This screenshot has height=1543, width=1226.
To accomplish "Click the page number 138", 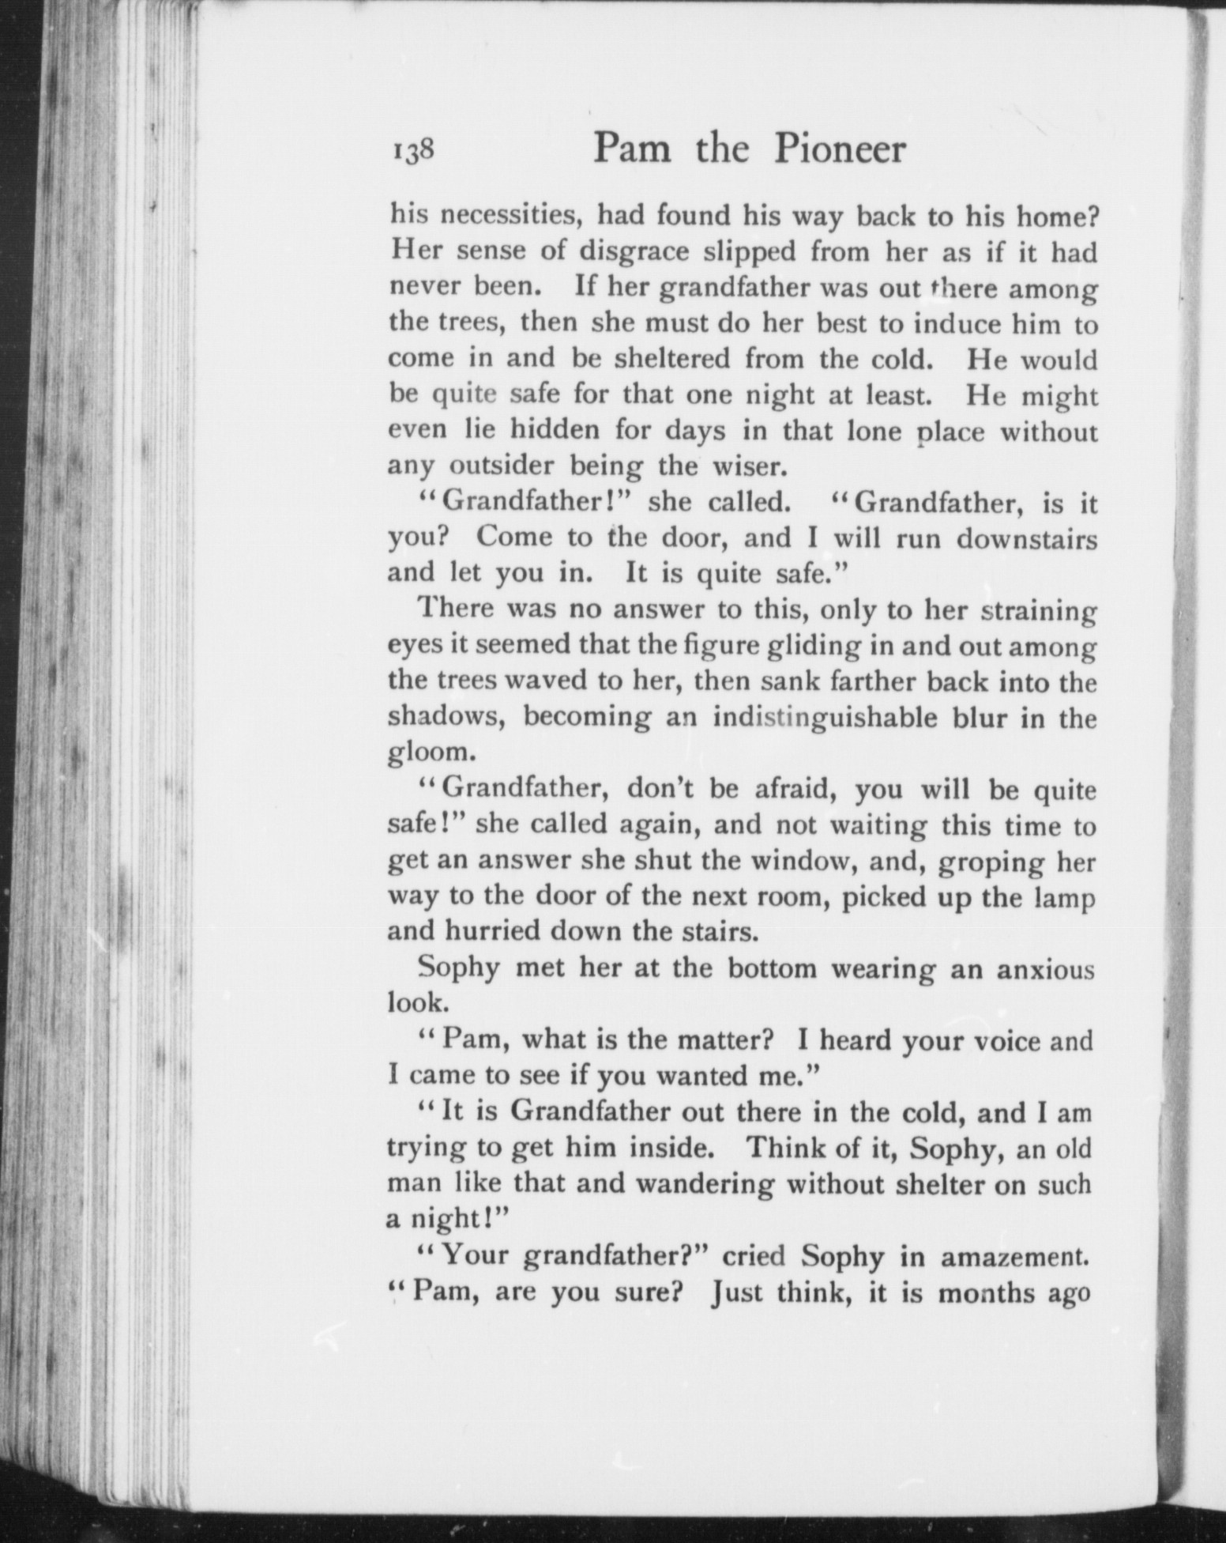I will (412, 150).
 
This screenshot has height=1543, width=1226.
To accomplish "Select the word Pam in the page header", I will (632, 149).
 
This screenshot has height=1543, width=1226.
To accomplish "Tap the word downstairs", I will (1027, 539).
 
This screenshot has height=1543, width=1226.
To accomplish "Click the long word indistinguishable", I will (848, 719).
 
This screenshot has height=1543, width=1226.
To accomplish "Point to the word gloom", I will (427, 754).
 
